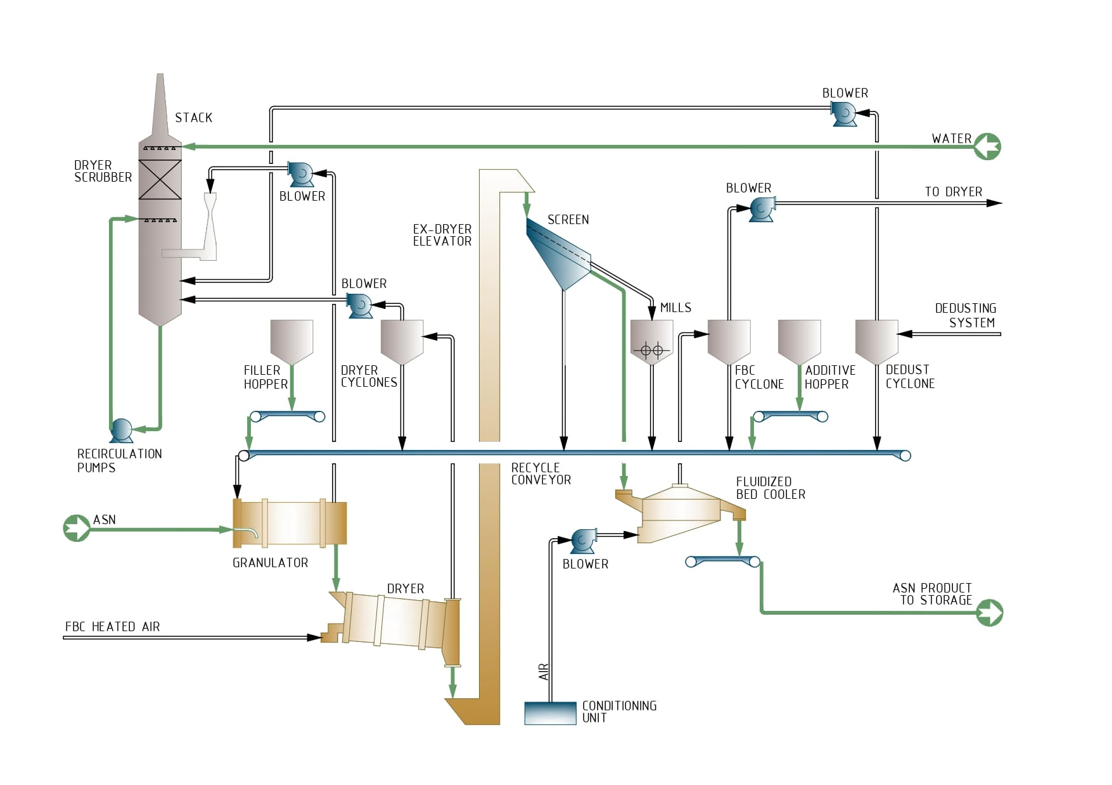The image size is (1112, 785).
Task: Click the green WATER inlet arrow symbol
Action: tap(987, 146)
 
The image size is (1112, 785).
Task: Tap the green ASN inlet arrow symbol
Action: tap(77, 528)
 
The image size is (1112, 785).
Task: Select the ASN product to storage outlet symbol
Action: tap(989, 613)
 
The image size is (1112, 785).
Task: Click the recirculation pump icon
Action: tap(121, 430)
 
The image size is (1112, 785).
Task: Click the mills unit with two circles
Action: tap(651, 342)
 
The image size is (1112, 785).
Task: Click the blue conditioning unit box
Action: tap(550, 713)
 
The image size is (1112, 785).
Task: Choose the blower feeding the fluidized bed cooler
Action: tap(582, 541)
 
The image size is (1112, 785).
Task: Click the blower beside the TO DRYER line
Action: tap(761, 208)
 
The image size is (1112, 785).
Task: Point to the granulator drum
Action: tap(290, 523)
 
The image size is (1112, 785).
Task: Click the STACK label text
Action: tap(193, 118)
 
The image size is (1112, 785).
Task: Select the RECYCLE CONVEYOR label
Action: tap(540, 474)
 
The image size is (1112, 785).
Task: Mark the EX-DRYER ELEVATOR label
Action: tap(442, 235)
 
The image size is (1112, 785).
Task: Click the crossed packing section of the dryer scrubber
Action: tap(160, 179)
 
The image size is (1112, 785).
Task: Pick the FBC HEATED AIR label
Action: tap(112, 627)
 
